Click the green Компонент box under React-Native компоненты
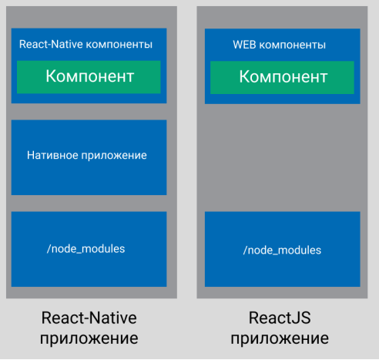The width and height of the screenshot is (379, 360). (89, 77)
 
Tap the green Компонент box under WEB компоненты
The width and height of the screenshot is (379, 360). (282, 78)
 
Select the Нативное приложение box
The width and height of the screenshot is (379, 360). (89, 157)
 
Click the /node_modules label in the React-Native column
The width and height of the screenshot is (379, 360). (86, 249)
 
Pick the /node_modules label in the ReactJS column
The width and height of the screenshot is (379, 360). (282, 250)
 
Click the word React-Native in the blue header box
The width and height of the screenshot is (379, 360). (51, 44)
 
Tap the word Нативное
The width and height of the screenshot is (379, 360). (52, 155)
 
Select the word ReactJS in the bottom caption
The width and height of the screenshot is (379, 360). (280, 318)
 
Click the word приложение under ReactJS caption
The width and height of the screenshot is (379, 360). (280, 338)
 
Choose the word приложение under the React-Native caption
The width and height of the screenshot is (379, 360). (89, 338)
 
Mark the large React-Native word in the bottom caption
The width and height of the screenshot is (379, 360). (89, 318)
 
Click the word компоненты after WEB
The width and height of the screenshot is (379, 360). (293, 45)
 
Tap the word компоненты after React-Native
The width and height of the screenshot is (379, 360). (119, 45)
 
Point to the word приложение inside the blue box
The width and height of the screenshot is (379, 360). (114, 156)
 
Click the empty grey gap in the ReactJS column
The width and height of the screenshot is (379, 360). (282, 157)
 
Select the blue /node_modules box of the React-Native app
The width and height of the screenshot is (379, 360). (89, 249)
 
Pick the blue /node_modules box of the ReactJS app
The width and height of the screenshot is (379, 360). (283, 249)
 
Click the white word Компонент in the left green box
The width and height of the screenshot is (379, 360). (90, 76)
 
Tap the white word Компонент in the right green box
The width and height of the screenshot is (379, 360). (283, 76)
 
